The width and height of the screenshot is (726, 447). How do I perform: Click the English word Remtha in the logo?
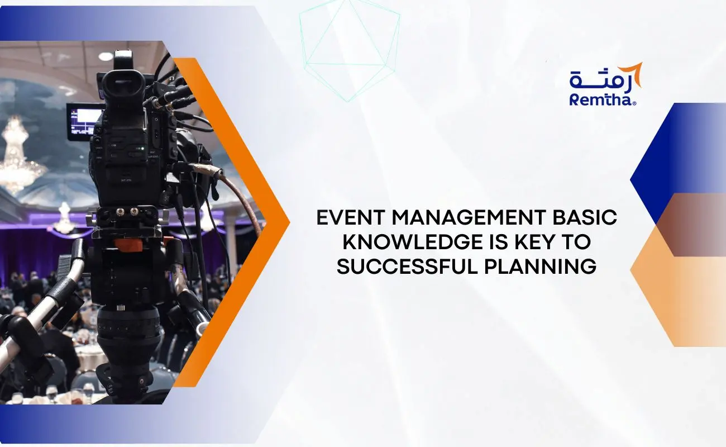601,99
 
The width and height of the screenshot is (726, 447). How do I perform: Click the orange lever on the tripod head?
128,244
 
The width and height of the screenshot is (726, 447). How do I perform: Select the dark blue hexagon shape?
670,151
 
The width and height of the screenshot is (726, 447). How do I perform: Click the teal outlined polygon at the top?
349,47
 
